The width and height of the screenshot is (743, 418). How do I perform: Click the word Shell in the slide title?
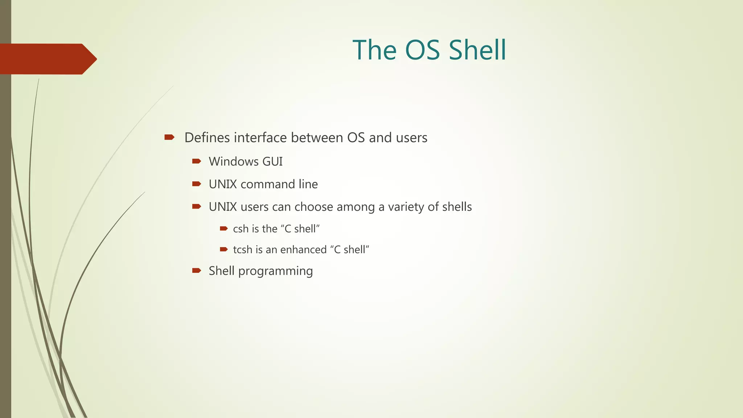coord(477,50)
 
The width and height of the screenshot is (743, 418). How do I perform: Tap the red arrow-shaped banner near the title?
coord(47,59)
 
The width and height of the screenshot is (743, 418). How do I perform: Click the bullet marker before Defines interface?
coord(169,137)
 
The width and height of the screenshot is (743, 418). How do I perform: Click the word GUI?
coord(272,161)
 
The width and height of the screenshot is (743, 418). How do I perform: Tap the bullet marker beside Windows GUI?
coord(197,161)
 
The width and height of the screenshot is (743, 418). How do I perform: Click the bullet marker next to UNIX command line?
coord(197,184)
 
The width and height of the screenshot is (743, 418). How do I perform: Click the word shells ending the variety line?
coord(457,207)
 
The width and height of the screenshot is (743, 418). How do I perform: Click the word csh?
coord(241,229)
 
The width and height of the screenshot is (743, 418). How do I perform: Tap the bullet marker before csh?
coord(224,229)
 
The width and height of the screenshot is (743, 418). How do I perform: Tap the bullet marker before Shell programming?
coord(197,270)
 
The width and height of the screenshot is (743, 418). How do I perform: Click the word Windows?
coord(234,161)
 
